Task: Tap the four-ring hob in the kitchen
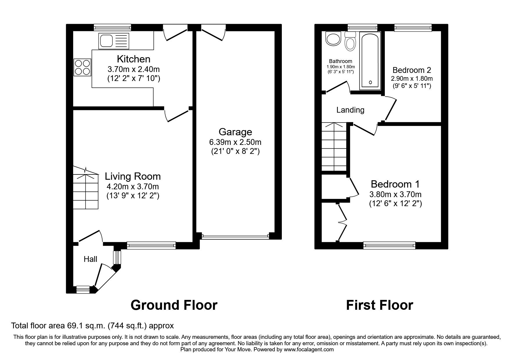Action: click(82, 67)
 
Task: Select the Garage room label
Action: click(235, 132)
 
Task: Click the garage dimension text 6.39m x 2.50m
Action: click(235, 142)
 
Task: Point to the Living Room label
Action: click(133, 177)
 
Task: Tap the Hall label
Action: click(90, 259)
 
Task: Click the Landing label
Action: click(350, 110)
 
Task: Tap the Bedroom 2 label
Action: click(412, 70)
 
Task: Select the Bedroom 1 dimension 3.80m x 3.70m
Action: click(395, 195)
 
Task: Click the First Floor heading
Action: click(379, 305)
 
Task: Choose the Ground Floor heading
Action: click(174, 305)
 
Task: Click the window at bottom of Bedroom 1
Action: click(389, 246)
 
